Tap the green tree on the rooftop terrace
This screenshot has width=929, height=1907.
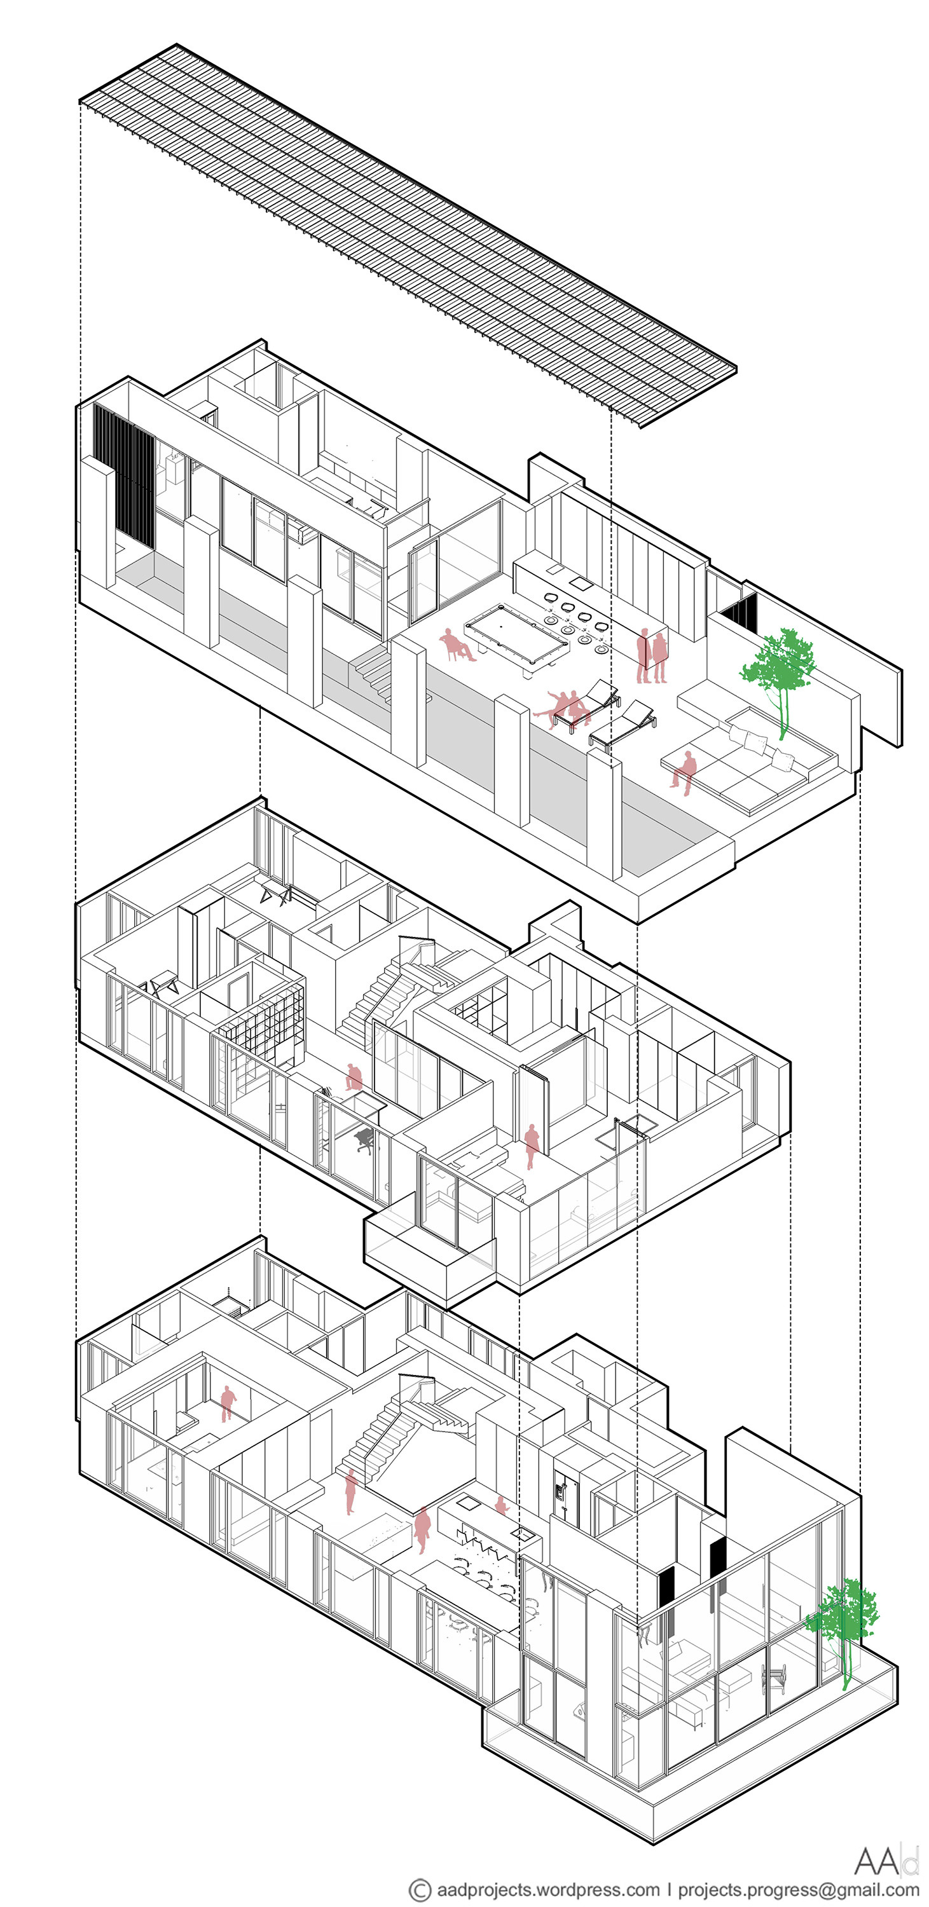click(778, 670)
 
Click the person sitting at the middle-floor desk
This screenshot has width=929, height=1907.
click(354, 1077)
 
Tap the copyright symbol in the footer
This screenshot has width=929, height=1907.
click(420, 1890)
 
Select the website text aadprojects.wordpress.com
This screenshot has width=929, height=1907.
click(547, 1890)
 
